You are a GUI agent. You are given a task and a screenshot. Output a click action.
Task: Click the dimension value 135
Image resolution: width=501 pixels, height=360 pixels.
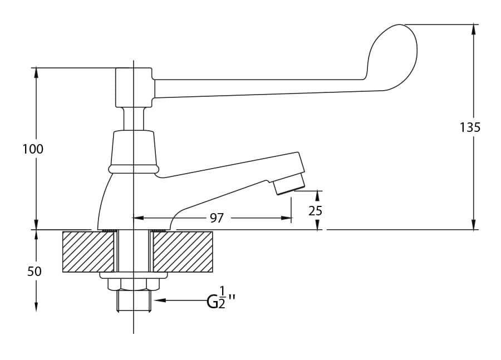(x=470, y=127)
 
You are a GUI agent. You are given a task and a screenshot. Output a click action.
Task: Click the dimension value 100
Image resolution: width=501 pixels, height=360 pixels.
(x=33, y=149)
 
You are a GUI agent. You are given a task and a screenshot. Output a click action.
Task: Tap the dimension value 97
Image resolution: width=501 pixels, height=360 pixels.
(x=217, y=218)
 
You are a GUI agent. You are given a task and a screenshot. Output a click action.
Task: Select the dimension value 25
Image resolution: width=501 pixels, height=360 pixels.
(x=315, y=211)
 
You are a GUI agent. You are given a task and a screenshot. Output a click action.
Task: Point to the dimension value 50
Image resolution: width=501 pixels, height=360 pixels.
(x=35, y=272)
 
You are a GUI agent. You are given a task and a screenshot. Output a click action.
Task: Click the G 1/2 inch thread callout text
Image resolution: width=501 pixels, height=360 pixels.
(x=221, y=298)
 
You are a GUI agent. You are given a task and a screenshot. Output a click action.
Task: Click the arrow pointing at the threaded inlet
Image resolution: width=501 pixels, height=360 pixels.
(x=180, y=300)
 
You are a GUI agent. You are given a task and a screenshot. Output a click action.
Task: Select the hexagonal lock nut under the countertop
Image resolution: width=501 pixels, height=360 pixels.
(x=133, y=284)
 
